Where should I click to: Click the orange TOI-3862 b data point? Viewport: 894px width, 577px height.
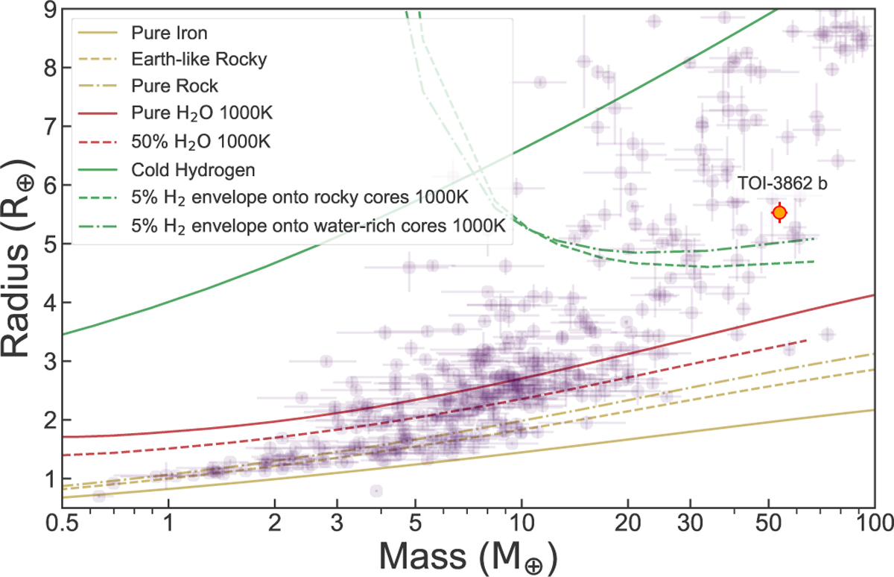(779, 212)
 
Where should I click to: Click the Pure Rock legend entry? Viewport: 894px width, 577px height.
(173, 86)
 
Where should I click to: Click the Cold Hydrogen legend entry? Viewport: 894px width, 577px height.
(192, 170)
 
